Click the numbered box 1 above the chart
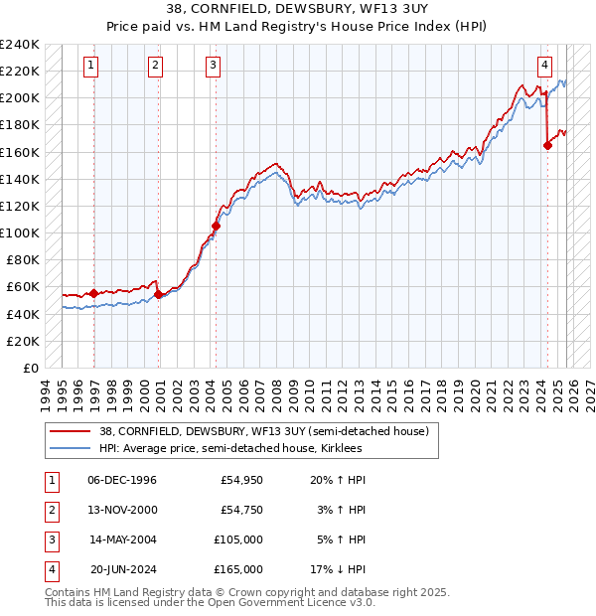click(x=90, y=67)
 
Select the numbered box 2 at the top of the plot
click(x=156, y=67)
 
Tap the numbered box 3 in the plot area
click(x=214, y=67)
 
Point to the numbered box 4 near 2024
click(x=545, y=67)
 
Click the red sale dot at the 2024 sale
click(x=547, y=145)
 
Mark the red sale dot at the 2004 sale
click(x=216, y=226)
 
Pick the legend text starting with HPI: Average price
click(x=230, y=449)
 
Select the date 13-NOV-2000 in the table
click(x=122, y=509)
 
